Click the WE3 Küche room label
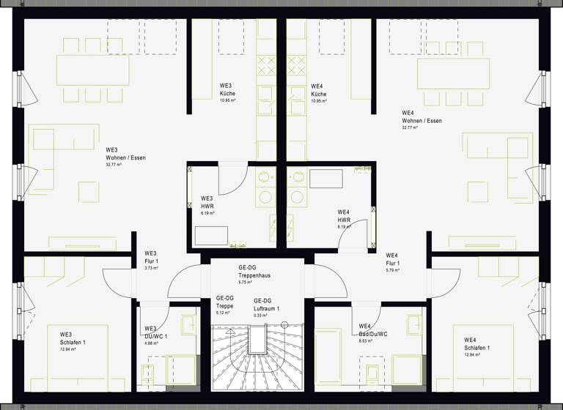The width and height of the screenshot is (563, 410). pyautogui.click(x=227, y=90)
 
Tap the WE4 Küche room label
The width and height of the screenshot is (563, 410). pyautogui.click(x=318, y=90)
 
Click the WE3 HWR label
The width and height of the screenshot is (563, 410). pyautogui.click(x=207, y=202)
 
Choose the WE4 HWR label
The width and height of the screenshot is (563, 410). pyautogui.click(x=344, y=216)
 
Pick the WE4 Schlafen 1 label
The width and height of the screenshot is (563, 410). pyautogui.click(x=476, y=344)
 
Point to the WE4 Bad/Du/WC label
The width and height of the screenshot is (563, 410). pyautogui.click(x=373, y=330)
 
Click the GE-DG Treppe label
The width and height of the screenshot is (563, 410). pyautogui.click(x=224, y=302)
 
